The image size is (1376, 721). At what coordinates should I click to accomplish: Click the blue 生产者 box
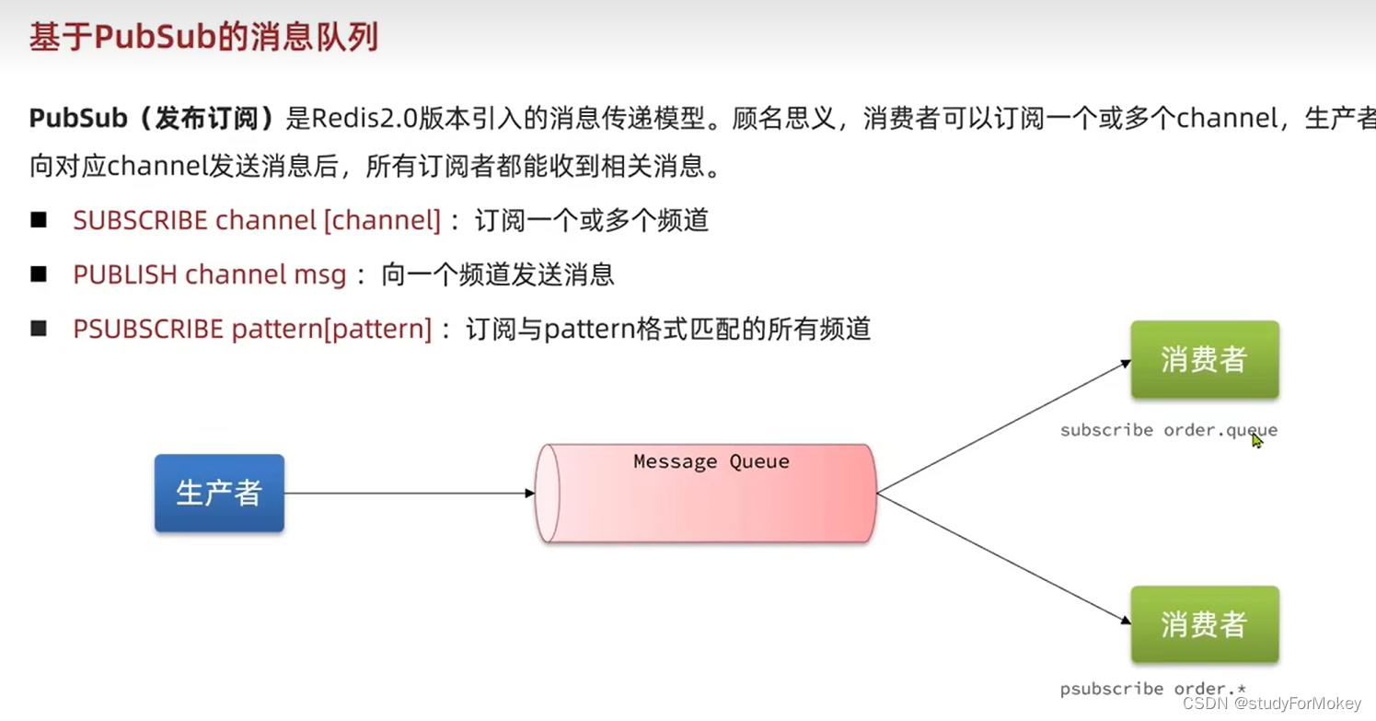219,493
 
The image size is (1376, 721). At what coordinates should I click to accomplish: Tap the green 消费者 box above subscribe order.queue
1204,360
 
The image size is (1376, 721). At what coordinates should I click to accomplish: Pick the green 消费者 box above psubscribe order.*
1204,624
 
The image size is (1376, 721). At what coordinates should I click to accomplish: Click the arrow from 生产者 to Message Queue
410,494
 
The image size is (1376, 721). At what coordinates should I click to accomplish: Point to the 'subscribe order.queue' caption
1168,430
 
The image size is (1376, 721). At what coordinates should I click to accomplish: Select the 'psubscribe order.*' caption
1152,689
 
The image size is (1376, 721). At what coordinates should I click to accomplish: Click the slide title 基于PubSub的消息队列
203,38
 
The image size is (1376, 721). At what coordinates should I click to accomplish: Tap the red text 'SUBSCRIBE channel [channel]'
257,221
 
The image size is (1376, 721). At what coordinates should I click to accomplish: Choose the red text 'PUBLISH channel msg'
210,274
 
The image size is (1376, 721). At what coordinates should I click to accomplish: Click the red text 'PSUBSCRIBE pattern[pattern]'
252,329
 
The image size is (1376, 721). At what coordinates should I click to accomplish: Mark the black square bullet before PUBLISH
39,274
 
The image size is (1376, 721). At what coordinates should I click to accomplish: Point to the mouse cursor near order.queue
1256,440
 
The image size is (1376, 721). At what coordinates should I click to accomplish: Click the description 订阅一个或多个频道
591,221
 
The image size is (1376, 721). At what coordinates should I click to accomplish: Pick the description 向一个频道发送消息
497,274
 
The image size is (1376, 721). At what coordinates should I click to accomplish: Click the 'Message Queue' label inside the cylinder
711,461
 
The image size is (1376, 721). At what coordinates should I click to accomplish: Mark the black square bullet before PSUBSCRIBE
39,329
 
